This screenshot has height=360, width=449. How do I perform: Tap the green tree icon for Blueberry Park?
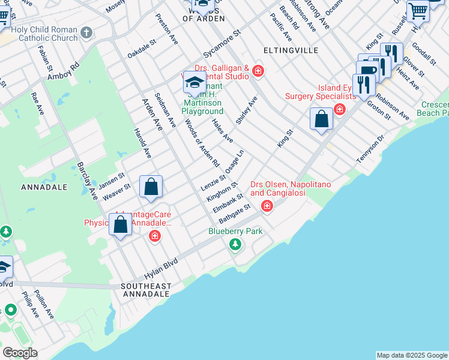(235, 244)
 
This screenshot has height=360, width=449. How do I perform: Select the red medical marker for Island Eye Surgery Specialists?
(340, 109)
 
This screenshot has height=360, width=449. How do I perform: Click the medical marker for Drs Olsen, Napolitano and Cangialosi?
(267, 207)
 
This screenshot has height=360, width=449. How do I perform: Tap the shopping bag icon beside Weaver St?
(151, 187)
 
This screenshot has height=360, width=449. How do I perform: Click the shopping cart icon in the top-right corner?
(418, 11)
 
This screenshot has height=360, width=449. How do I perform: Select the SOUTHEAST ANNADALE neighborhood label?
(146, 290)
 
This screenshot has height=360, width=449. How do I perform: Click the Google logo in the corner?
(20, 353)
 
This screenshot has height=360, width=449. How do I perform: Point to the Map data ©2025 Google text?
(412, 355)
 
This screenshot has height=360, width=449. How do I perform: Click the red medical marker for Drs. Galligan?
(258, 71)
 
